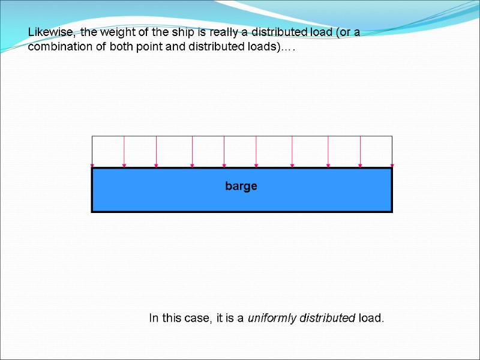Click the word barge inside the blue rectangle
tap(241, 186)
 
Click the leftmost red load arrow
tap(92, 151)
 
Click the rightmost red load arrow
tap(392, 151)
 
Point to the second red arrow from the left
tap(124, 151)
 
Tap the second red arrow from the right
tap(360, 151)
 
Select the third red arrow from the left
tap(156, 151)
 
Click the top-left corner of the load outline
tap(92, 136)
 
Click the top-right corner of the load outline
tap(392, 136)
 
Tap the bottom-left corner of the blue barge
tap(92, 212)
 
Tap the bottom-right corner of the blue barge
tap(392, 212)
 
